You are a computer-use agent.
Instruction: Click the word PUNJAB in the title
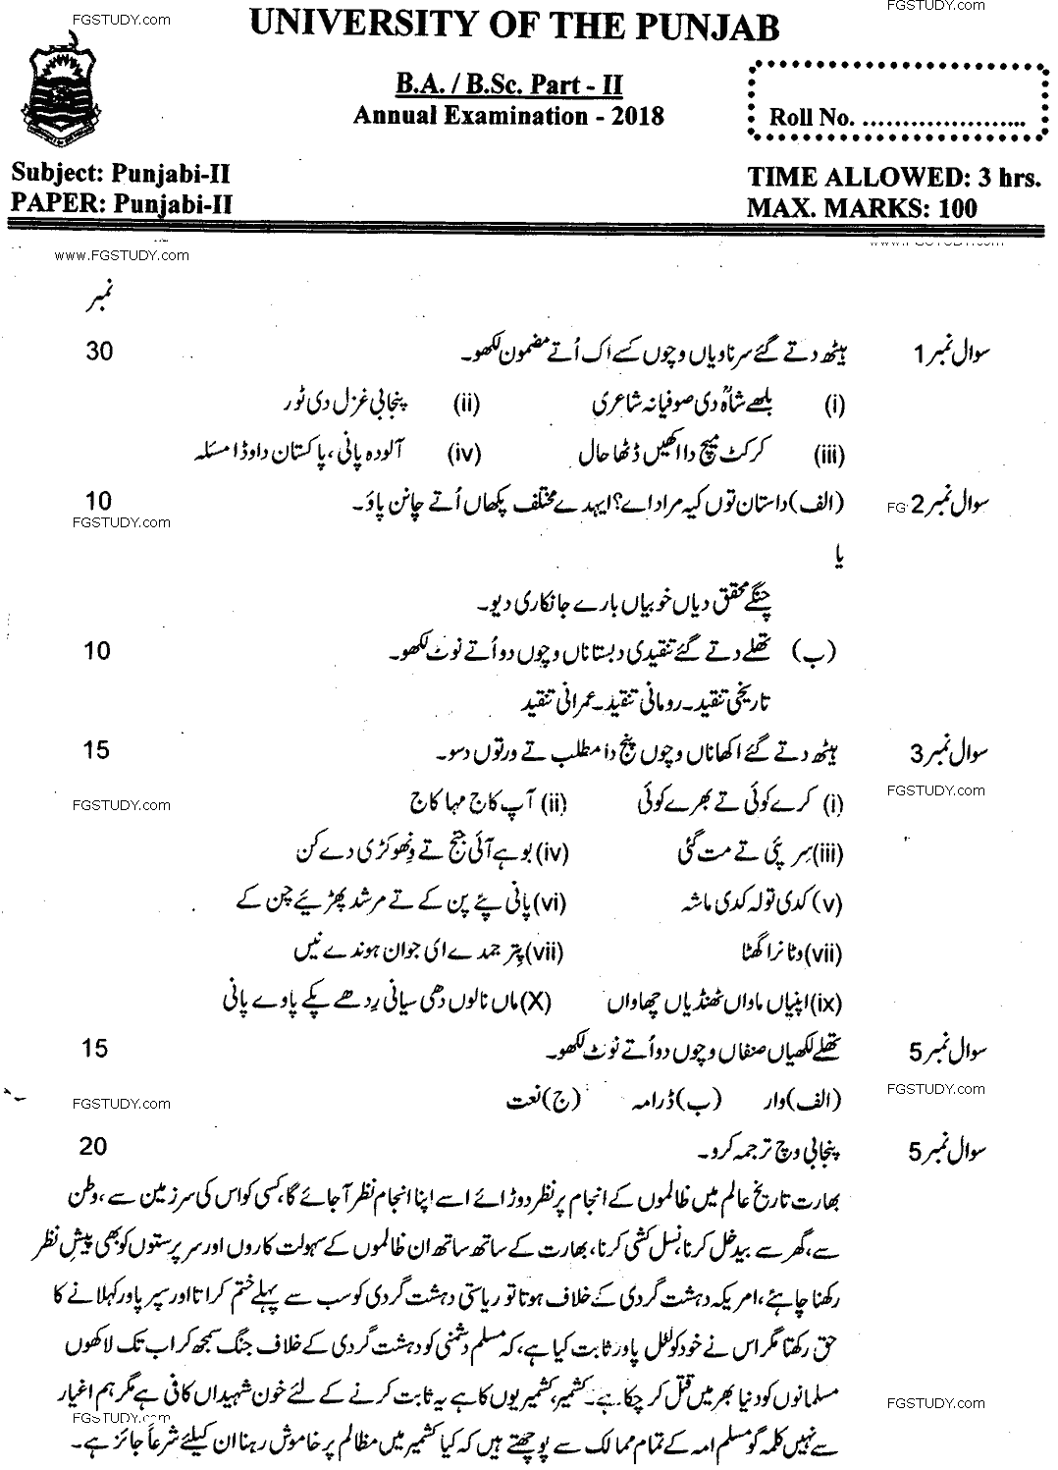(x=707, y=27)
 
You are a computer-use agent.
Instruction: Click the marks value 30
(x=99, y=351)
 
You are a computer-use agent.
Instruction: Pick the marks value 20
(x=96, y=1146)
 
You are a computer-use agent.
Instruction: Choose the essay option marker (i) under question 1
(x=835, y=404)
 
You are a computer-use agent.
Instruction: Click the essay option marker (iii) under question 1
(x=830, y=455)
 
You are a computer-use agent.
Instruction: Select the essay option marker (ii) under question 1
(x=465, y=403)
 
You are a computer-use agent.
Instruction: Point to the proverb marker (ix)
(x=829, y=1004)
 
